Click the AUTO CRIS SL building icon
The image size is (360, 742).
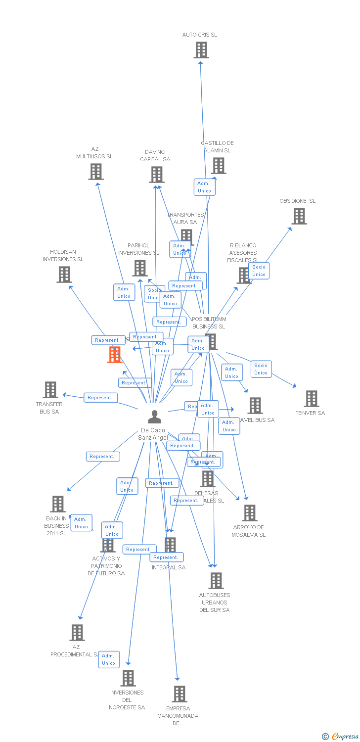(201, 50)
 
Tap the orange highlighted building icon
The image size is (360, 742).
(115, 355)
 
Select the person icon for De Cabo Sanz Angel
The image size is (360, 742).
(154, 417)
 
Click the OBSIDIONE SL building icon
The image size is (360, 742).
(299, 216)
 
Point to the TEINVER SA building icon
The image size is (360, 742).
(311, 399)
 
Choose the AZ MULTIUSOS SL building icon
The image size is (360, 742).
(95, 172)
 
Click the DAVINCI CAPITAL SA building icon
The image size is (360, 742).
(157, 175)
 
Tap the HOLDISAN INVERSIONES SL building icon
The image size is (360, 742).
(64, 275)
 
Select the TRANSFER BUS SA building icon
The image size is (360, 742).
(50, 390)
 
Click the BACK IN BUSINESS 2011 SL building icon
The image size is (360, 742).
(58, 504)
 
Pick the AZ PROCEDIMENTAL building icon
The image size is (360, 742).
(77, 633)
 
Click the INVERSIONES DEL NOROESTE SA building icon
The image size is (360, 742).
(128, 678)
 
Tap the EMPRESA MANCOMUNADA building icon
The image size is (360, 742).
(179, 694)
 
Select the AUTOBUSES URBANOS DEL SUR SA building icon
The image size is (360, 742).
(216, 581)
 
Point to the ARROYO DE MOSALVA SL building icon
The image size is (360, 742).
(250, 513)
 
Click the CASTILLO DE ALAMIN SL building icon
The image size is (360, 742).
(219, 166)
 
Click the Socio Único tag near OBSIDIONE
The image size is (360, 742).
(259, 271)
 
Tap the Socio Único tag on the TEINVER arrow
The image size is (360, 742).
(261, 369)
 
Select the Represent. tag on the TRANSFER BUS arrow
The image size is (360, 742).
(100, 398)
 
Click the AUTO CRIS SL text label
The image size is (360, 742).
(200, 35)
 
